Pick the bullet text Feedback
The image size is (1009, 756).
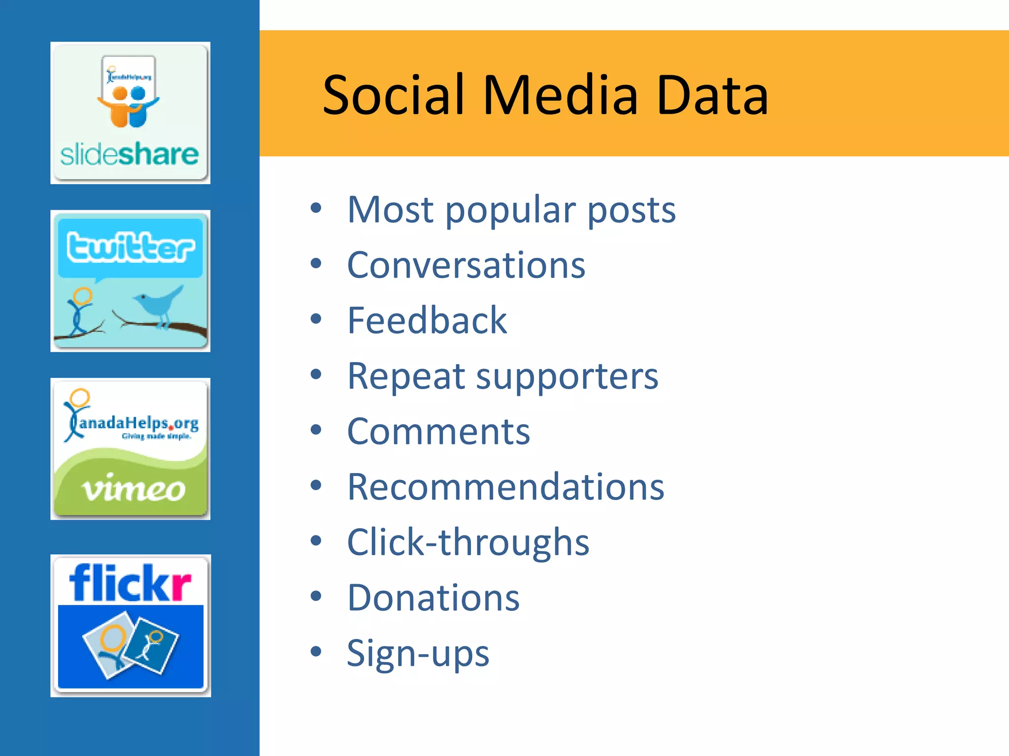[427, 320]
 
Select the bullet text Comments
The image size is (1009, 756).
[438, 431]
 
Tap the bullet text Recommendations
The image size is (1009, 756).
[505, 487]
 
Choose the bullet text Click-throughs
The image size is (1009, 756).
[468, 542]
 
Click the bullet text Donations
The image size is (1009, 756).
[433, 598]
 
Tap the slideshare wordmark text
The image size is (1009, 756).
[129, 155]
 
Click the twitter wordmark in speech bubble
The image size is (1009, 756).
[130, 247]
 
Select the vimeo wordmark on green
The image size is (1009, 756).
[134, 489]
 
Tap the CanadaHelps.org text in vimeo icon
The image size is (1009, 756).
[138, 423]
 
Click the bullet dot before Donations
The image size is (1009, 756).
[316, 596]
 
